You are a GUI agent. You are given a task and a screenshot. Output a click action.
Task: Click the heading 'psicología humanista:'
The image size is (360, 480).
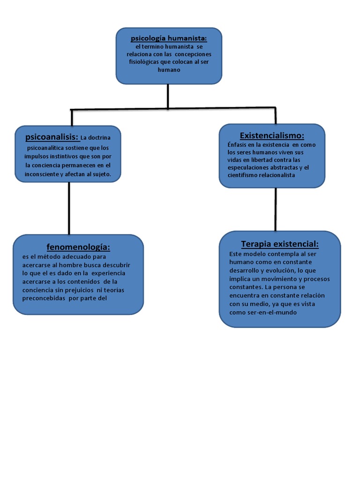click(169, 38)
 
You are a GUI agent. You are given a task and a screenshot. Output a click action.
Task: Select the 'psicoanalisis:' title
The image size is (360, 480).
click(52, 137)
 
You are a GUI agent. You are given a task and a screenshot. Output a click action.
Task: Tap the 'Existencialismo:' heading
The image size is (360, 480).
click(272, 135)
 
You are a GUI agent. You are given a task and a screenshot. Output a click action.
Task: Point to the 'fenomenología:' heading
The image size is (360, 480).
click(78, 247)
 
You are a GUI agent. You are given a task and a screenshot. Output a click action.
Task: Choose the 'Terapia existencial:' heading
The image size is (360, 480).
click(280, 244)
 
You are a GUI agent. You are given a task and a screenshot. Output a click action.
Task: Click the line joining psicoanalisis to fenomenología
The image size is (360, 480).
click(69, 208)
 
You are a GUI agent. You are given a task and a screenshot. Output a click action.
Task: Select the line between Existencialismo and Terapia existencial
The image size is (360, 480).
click(276, 209)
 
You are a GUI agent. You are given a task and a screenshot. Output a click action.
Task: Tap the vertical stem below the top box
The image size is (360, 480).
click(168, 96)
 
